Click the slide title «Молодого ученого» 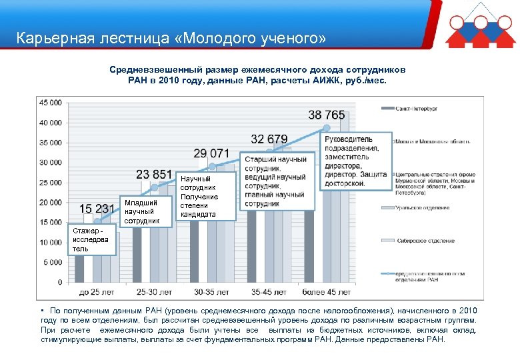click(x=171, y=38)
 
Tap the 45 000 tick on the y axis click(x=51, y=103)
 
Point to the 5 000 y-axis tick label click(x=53, y=262)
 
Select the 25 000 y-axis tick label click(x=51, y=183)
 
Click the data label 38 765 click(x=327, y=115)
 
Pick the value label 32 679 click(x=269, y=139)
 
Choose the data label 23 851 click(x=154, y=175)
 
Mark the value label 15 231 click(x=97, y=209)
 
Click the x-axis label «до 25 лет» click(x=97, y=292)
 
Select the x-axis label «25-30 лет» click(x=154, y=292)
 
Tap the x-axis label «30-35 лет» click(x=211, y=292)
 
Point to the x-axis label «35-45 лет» click(x=269, y=292)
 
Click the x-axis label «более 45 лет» click(x=326, y=292)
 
